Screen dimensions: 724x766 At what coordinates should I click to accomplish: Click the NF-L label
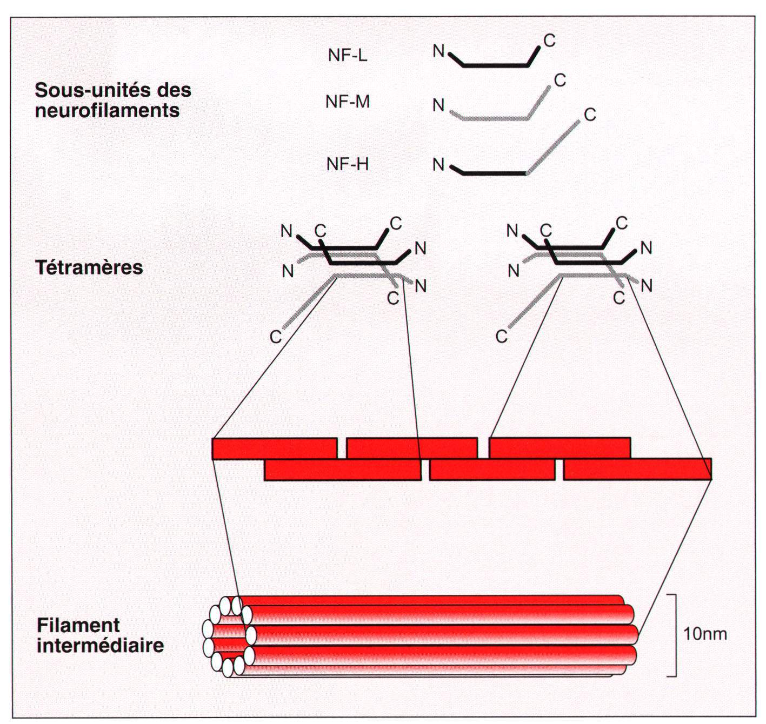348,55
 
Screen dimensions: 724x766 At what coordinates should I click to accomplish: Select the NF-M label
348,102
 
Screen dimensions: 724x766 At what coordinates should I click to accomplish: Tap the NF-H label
348,164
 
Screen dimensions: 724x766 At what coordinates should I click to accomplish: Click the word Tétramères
89,267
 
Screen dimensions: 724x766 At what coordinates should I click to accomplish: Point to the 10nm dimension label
705,634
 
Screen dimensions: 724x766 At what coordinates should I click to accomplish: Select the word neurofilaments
107,111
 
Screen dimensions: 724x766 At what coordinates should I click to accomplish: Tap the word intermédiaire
100,645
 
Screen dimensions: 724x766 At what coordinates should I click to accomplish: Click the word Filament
78,625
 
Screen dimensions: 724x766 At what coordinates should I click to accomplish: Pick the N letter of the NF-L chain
438,51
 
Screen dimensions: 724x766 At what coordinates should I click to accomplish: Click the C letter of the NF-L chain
549,41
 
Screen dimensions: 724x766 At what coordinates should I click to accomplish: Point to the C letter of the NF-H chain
590,115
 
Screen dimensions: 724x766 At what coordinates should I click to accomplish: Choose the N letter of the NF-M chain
438,105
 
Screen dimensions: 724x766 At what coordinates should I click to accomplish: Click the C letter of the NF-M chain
560,80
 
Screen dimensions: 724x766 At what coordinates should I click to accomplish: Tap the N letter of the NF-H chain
438,164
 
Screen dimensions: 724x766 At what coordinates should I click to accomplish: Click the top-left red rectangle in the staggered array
275,448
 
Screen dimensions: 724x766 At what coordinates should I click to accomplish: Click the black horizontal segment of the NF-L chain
496,65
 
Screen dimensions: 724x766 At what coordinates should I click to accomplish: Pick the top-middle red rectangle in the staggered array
412,448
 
